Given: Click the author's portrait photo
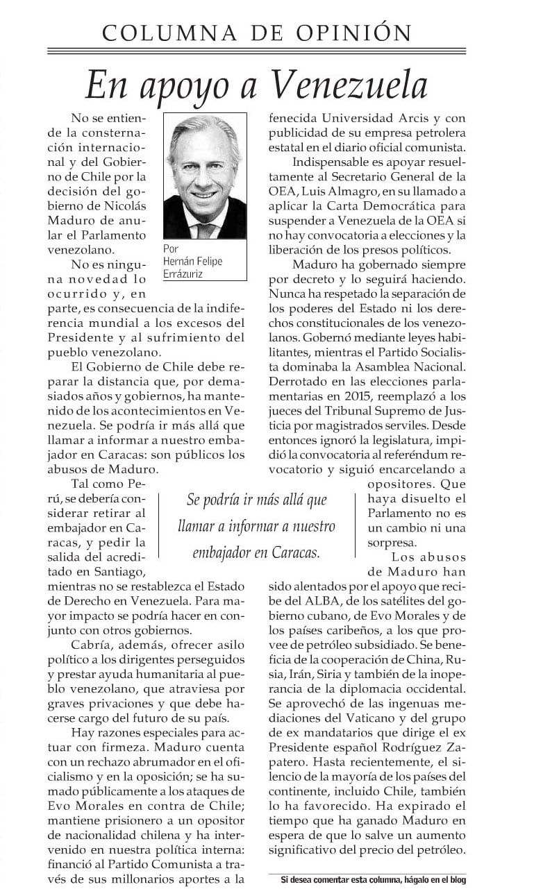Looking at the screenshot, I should (x=205, y=176).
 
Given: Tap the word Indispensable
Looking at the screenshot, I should (x=332, y=162).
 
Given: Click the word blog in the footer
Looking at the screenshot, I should (x=457, y=879).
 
